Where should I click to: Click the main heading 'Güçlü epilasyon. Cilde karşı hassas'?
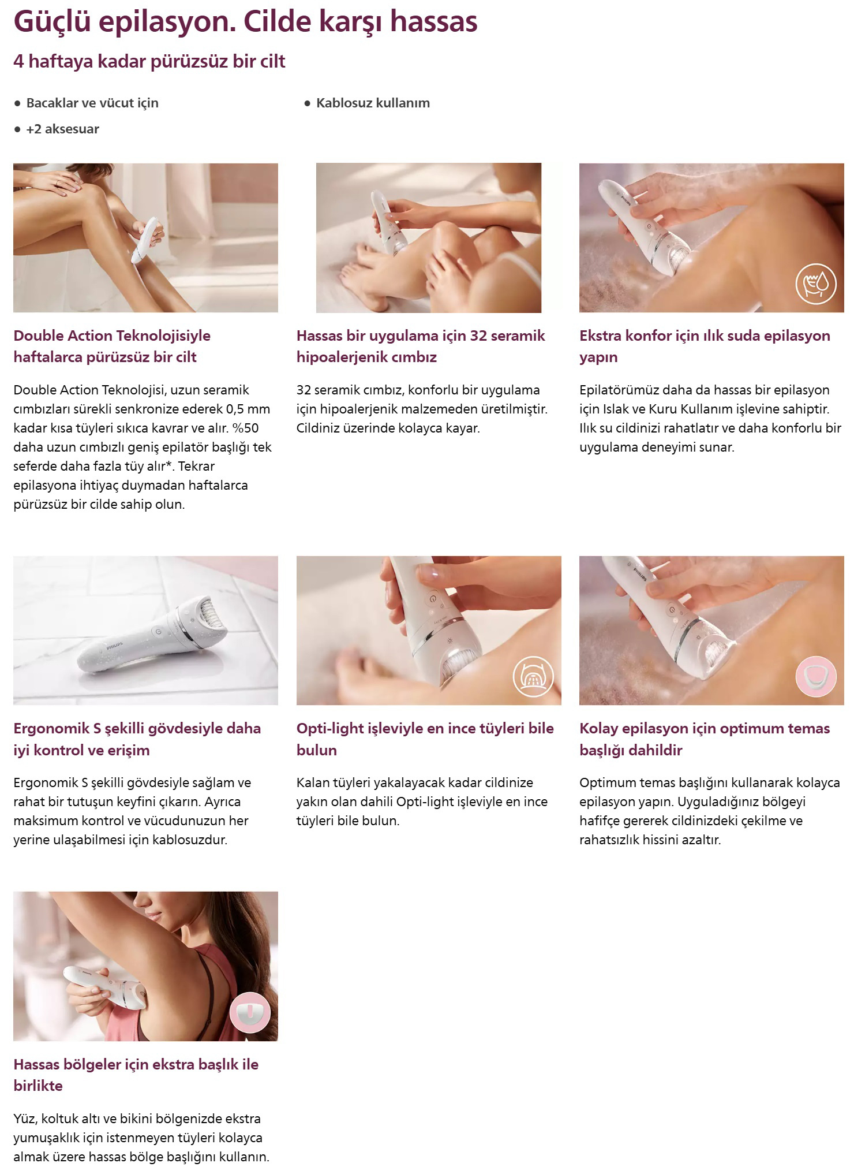[245, 23]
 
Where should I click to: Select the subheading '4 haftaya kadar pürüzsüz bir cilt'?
[149, 62]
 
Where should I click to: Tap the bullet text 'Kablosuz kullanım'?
[373, 103]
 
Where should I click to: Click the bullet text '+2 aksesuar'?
[62, 129]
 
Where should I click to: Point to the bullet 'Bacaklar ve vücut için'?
[92, 103]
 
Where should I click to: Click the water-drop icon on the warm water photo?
[815, 283]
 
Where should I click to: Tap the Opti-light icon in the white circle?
[533, 676]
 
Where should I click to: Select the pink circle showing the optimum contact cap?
[815, 676]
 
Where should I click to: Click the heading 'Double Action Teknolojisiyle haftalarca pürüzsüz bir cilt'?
[112, 346]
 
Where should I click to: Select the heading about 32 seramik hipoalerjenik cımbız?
[421, 346]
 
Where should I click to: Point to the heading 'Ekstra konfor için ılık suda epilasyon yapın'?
[705, 346]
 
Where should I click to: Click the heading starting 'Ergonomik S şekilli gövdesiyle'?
[137, 739]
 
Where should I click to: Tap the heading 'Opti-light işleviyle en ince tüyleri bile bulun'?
[425, 739]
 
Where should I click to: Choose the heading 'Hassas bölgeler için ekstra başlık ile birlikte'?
[136, 1075]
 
